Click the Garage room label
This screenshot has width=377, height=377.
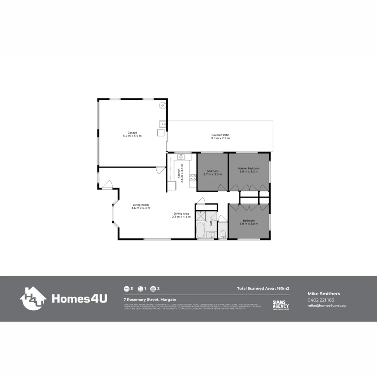click(132, 133)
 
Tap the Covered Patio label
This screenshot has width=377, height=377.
click(220, 135)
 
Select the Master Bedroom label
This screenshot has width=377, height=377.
click(249, 168)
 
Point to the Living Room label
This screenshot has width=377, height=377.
click(141, 205)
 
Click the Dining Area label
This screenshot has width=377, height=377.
click(182, 214)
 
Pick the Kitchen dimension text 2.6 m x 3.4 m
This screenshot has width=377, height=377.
click(182, 171)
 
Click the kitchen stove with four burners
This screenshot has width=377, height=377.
click(193, 177)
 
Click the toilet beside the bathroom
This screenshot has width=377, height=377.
click(223, 234)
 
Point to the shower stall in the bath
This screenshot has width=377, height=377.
click(201, 216)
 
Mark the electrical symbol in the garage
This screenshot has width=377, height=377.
click(162, 105)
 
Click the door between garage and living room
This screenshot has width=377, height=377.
click(161, 171)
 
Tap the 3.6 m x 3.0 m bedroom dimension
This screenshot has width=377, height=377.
click(249, 224)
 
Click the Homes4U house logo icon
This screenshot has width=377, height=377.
click(33, 298)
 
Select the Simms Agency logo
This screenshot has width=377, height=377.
click(281, 305)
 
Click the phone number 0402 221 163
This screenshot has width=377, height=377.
click(320, 300)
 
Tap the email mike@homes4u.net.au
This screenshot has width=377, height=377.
click(326, 305)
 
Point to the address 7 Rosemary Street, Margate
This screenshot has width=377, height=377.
click(150, 300)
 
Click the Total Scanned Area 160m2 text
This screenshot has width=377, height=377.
click(263, 289)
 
